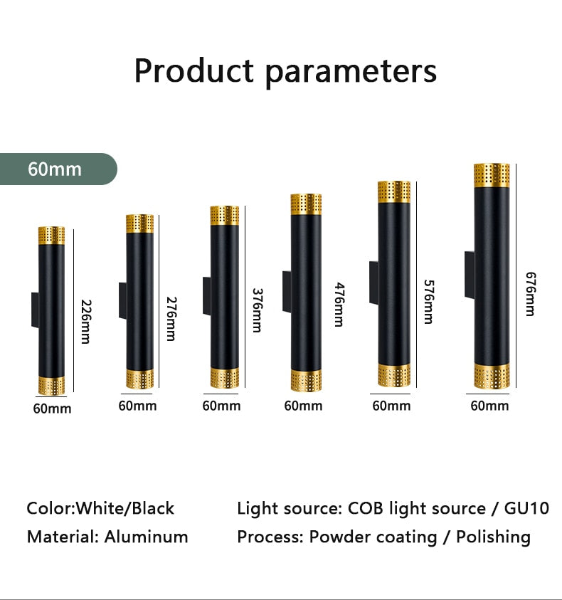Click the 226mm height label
click(x=86, y=322)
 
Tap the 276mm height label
click(x=171, y=319)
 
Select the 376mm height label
click(x=258, y=310)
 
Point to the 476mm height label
click(x=339, y=305)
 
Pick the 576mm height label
click(x=429, y=302)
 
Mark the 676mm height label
click(x=531, y=294)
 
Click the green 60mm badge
click(x=58, y=169)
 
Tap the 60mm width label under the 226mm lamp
click(x=53, y=409)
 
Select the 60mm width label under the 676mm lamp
click(x=489, y=406)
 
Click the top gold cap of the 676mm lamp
click(x=492, y=175)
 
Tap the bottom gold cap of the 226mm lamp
click(x=51, y=386)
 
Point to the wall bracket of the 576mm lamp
click(x=373, y=283)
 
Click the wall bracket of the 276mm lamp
click(x=123, y=301)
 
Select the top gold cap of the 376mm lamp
click(x=225, y=216)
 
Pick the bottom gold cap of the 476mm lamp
click(x=306, y=380)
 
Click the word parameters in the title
click(x=351, y=72)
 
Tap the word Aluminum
click(x=146, y=537)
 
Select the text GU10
click(x=527, y=509)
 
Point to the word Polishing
click(x=493, y=537)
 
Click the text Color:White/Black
click(x=100, y=509)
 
